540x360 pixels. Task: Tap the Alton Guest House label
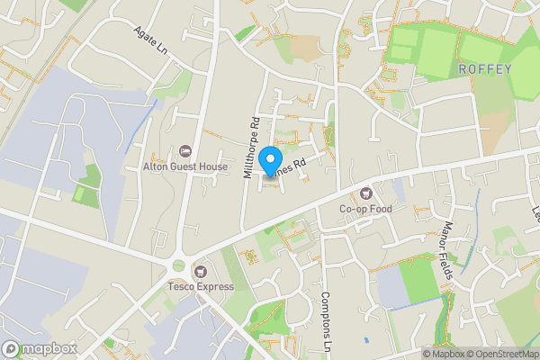point(185,166)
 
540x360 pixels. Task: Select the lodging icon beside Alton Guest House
point(186,150)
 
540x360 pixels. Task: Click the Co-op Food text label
point(366,209)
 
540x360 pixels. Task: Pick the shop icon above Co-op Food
point(366,193)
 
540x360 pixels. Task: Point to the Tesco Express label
point(200,287)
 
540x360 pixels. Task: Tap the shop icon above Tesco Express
point(200,270)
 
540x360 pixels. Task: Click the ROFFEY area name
point(484,68)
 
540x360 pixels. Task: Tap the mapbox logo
point(39,348)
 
